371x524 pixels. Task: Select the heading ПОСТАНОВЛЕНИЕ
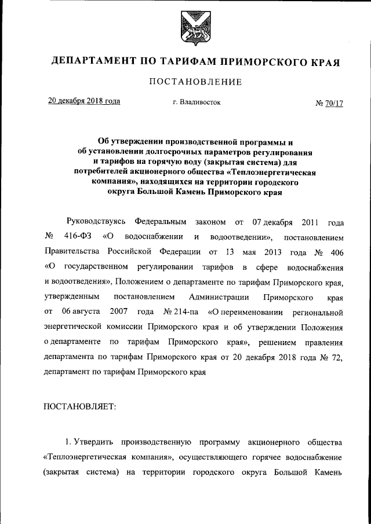coord(195,82)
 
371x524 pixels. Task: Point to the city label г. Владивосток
coord(197,102)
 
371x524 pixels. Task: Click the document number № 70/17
coord(329,103)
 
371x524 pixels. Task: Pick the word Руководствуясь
coord(95,222)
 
